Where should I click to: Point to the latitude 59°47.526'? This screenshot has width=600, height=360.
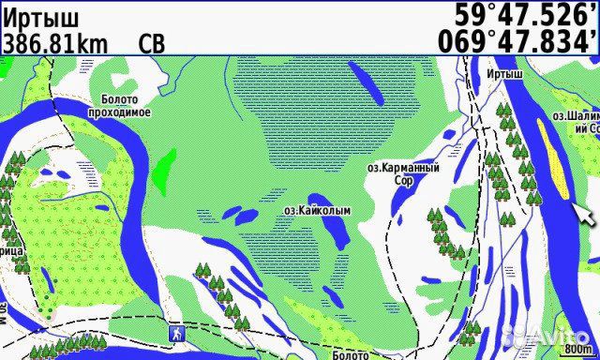(x=524, y=15)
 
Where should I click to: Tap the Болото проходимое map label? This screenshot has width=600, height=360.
(x=119, y=105)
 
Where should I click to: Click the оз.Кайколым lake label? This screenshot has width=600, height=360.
(x=316, y=211)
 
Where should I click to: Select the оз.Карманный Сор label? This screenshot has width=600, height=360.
(x=402, y=173)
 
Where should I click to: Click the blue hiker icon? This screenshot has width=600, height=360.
(x=174, y=333)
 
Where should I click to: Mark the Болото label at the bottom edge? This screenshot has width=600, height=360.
(x=351, y=354)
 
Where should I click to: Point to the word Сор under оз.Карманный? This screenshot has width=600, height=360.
(x=403, y=180)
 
